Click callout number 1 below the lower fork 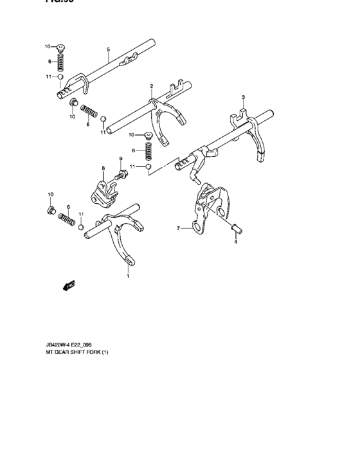pos(127,276)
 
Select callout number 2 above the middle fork pos(151,85)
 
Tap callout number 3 pos(243,97)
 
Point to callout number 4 pos(235,242)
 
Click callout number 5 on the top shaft pos(108,50)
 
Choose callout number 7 pos(178,228)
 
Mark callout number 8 pos(102,168)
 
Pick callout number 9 pos(120,158)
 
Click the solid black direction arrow pos(69,285)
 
